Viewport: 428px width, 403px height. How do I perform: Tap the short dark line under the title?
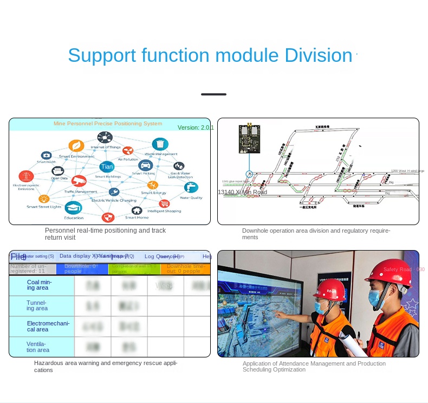(x=213, y=94)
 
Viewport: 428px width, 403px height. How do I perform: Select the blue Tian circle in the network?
(x=107, y=167)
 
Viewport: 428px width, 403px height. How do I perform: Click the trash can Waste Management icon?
(x=160, y=144)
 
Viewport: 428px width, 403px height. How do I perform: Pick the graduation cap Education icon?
(x=73, y=207)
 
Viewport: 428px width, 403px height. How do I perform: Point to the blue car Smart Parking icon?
(x=145, y=165)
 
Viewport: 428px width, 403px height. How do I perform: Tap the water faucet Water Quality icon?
(x=191, y=187)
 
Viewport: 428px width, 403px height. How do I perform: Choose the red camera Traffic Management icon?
(x=79, y=181)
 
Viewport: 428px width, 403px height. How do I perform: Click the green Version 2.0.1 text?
(x=196, y=127)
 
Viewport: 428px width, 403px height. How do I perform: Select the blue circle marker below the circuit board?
(x=249, y=174)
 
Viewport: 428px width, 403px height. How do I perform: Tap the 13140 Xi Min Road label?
(x=242, y=192)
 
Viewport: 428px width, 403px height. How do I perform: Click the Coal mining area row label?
(x=39, y=285)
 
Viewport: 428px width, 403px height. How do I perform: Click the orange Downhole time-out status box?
(x=184, y=268)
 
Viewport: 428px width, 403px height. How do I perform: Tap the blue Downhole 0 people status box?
(x=85, y=268)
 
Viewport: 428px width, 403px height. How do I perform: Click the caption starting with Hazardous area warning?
(x=106, y=366)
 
